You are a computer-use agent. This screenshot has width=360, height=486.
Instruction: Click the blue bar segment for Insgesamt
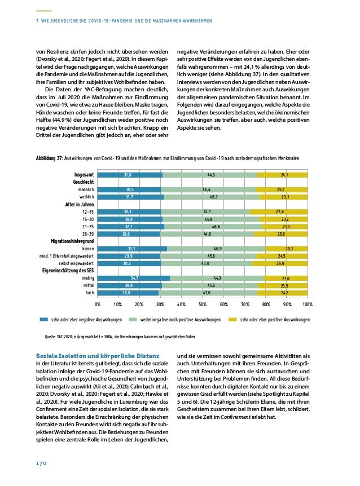tap(130, 175)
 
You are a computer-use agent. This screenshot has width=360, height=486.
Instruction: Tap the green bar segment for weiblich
tap(212, 197)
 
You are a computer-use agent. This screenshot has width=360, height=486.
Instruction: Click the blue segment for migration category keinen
tap(132, 248)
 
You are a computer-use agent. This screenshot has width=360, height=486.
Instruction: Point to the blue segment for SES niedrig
tap(134, 278)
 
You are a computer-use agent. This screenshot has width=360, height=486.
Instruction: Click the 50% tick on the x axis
tap(203, 304)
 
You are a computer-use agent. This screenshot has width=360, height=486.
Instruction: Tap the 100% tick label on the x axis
tap(307, 304)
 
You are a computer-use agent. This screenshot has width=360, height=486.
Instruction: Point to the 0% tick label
tap(97, 304)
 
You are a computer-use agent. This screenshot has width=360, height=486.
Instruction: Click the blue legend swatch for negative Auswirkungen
tap(43, 319)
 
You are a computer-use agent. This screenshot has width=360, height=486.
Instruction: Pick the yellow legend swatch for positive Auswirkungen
tap(232, 319)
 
